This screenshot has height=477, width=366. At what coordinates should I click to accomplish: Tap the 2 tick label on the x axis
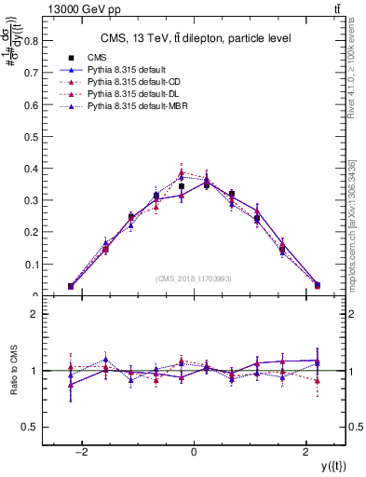306,451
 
